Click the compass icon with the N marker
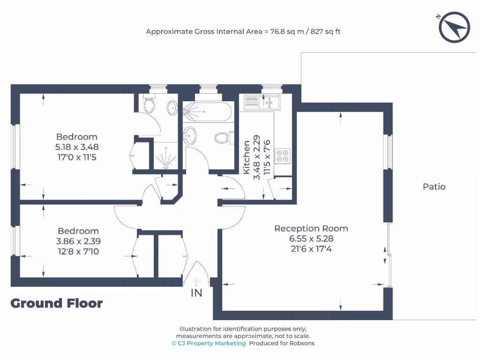coord(454,27)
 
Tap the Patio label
coord(434,187)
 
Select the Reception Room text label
coord(311,229)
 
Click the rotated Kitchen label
coord(247,157)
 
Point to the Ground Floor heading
coord(56,303)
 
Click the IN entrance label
coord(196,293)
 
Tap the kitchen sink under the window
coord(262,102)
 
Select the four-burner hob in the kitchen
coord(283,156)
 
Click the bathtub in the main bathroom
coord(207,112)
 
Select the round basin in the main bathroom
coord(190,135)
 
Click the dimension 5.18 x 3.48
coord(77,147)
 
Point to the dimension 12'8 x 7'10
coord(78,252)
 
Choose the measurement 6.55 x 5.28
coord(311,239)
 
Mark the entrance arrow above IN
coord(196,281)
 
